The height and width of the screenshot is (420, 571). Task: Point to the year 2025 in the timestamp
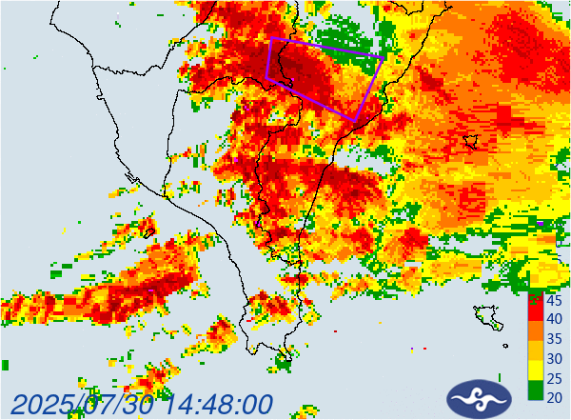tap(47, 405)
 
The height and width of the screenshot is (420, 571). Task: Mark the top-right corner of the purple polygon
tap(383, 57)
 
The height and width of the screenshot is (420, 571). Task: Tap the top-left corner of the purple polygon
tap(271, 38)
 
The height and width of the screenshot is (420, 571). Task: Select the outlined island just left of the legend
tap(487, 315)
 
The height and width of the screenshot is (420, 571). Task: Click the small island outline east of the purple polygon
tap(469, 142)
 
